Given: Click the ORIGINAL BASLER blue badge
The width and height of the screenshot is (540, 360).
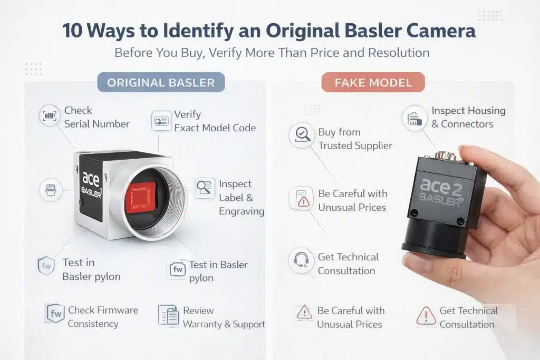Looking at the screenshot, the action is pos(161,82).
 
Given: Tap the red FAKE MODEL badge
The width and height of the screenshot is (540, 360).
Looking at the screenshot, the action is pos(373,82).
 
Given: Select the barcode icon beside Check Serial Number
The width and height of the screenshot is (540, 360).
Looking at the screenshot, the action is pos(50,115).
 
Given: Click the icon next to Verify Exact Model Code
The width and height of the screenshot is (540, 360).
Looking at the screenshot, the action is pos(161,121).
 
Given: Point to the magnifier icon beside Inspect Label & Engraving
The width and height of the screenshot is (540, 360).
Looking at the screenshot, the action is pos(205,188).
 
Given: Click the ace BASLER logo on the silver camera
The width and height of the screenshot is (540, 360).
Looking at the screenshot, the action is pos(91,184).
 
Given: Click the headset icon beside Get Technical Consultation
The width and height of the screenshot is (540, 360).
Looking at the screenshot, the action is pos(301,260).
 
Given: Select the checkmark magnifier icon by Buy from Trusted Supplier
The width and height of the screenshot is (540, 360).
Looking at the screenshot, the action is pos(302,135).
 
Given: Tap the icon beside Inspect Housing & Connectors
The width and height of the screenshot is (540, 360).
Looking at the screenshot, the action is pos(414,118).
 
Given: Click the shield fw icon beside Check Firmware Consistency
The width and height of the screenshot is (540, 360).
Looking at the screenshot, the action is pos(55,313).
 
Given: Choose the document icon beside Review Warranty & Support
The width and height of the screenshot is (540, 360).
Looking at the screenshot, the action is pos(169,315).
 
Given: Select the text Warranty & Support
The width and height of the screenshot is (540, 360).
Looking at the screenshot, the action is pos(224,324).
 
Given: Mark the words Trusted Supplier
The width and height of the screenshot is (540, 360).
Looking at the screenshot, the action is pos(355,145).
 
